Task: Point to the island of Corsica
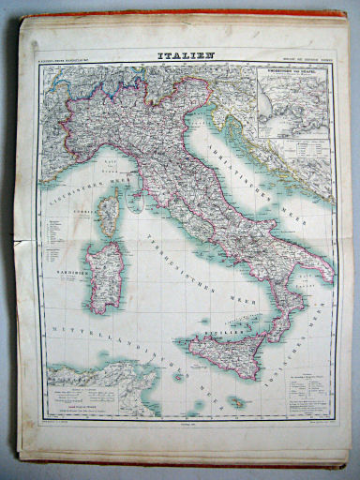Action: pos(108,214)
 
